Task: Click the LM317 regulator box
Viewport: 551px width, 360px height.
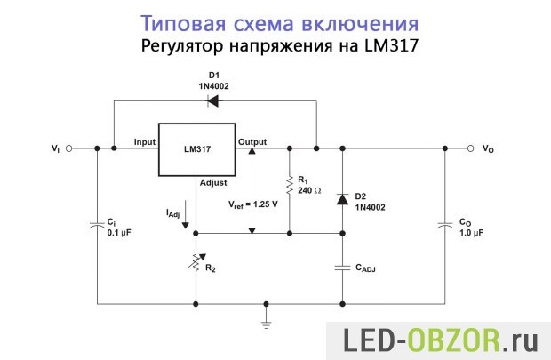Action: pos(196,148)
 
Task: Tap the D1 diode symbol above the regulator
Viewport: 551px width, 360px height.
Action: pos(213,100)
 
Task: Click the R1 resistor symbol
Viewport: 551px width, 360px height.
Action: pos(290,185)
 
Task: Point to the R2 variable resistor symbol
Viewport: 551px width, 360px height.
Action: pos(196,263)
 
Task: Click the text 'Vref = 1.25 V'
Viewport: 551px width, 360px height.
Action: pos(252,203)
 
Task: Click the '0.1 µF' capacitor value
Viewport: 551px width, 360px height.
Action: pos(120,232)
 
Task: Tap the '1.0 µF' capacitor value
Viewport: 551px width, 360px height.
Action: pos(472,232)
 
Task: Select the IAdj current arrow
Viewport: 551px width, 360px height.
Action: pos(185,217)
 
